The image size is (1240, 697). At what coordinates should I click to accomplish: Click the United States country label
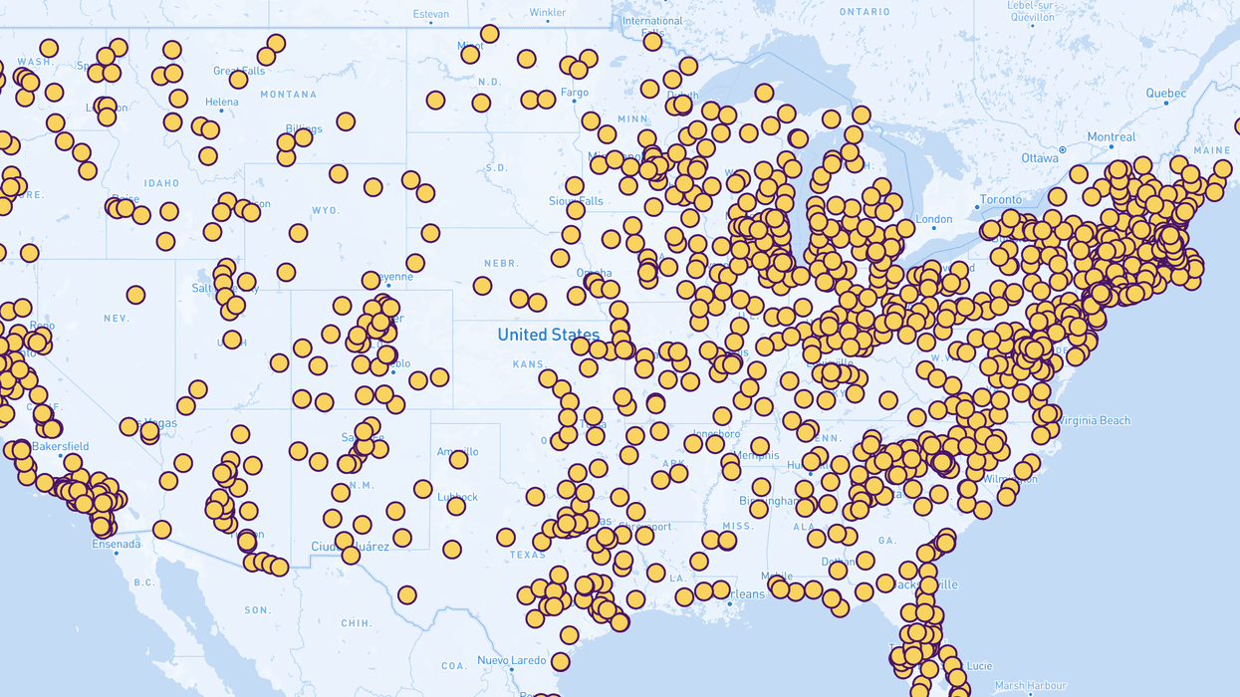(549, 335)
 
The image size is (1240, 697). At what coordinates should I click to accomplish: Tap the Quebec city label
(1166, 94)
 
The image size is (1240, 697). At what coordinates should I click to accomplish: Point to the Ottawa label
(1040, 158)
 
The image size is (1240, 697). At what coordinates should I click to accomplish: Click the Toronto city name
(1001, 199)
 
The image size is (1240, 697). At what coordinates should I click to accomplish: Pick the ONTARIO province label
(865, 11)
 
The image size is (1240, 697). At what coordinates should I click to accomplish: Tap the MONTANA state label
(288, 95)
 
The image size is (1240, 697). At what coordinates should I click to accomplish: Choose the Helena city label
(221, 103)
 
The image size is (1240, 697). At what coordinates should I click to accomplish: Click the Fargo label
(575, 93)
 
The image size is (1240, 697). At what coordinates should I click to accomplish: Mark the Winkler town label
(548, 13)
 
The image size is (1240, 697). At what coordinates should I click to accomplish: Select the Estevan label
(431, 14)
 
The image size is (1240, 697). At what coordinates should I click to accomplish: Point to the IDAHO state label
(160, 183)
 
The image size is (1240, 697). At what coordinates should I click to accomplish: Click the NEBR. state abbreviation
(500, 263)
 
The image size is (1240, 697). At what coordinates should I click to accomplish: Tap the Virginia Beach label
(1093, 420)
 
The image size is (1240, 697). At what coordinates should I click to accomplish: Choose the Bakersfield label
(60, 446)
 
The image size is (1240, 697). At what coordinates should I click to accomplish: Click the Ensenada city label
(117, 544)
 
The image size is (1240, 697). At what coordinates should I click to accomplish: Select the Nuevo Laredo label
(512, 660)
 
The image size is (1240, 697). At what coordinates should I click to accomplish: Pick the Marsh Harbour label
(1030, 685)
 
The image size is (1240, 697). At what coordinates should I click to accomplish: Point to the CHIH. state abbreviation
(356, 623)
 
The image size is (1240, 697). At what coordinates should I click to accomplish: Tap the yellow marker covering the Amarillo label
(459, 459)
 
